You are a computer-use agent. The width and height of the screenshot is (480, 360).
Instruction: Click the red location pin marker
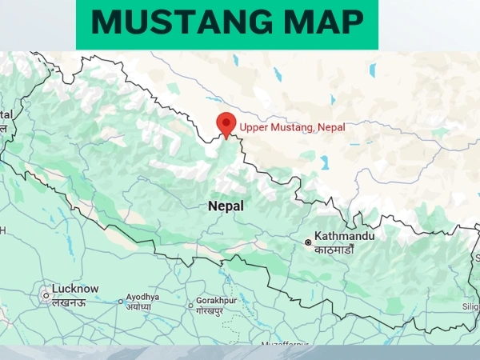(x=226, y=125)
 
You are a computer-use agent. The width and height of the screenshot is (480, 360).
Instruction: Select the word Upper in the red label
(x=255, y=126)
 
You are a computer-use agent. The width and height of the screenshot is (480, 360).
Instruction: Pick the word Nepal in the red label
(x=332, y=126)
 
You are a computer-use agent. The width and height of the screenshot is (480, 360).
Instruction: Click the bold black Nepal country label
(x=226, y=206)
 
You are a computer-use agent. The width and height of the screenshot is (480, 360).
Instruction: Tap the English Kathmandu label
(x=346, y=237)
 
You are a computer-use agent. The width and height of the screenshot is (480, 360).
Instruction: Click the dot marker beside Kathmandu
(x=307, y=242)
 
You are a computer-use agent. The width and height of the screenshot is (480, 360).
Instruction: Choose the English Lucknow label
(x=75, y=289)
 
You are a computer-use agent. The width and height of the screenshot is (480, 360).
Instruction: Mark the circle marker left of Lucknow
(x=45, y=295)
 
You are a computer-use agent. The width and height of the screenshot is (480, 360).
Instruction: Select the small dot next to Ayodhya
(x=121, y=302)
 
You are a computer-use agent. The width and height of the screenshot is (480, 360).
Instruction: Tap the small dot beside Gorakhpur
(x=190, y=305)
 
